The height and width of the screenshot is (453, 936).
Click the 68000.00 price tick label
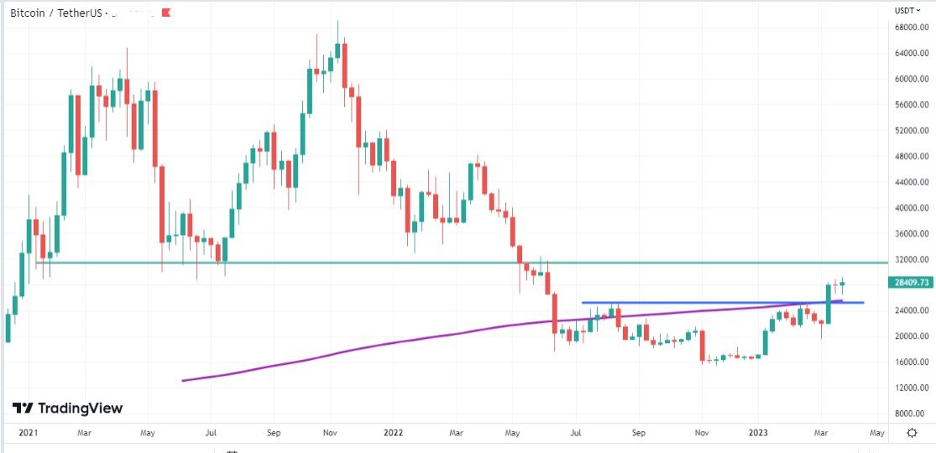(911, 28)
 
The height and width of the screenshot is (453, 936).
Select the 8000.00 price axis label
(912, 414)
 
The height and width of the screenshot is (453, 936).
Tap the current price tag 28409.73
(911, 283)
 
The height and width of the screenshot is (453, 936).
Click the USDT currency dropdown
(907, 10)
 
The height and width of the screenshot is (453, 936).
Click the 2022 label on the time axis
(394, 433)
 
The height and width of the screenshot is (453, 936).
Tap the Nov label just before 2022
(330, 433)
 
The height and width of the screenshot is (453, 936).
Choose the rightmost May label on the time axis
(876, 433)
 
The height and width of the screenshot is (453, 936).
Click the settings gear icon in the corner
(912, 433)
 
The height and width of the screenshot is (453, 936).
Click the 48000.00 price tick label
(911, 156)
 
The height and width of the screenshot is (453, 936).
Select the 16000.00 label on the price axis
(911, 362)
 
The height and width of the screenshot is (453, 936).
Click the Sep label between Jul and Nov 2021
(272, 433)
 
